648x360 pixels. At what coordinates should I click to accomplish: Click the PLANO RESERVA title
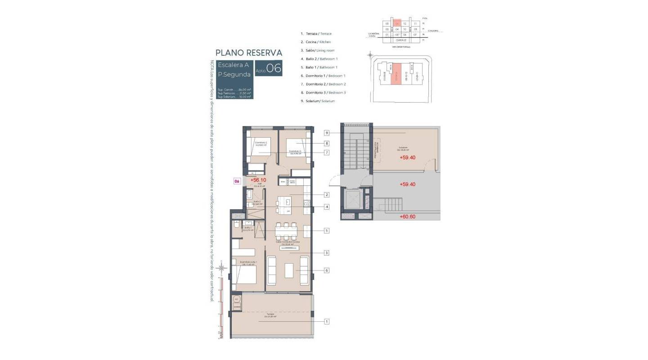(249, 53)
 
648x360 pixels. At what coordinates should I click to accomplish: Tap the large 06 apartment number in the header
(274, 68)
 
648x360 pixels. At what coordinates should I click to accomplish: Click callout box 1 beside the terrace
(327, 321)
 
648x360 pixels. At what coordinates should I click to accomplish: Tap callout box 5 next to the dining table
(327, 231)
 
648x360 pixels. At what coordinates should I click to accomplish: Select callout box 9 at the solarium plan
(327, 133)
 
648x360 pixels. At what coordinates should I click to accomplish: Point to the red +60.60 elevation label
(407, 216)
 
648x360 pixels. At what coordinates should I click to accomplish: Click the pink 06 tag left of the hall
(237, 181)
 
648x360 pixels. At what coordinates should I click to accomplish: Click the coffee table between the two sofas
(288, 270)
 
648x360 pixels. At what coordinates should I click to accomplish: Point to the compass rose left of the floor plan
(221, 268)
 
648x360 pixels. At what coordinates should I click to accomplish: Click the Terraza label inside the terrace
(270, 315)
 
